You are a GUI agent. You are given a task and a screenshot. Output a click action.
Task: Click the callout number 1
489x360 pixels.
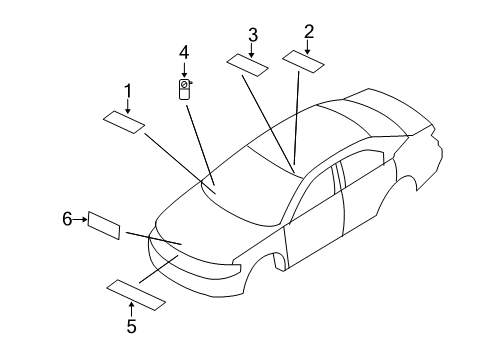[x=127, y=91]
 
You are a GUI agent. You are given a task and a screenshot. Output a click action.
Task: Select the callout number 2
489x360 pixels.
[x=309, y=31]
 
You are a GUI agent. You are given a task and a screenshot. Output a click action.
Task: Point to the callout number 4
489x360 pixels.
[x=184, y=51]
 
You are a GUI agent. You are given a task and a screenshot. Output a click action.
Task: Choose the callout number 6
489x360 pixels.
[x=68, y=218]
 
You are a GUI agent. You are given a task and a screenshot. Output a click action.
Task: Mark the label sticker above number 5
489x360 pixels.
[x=137, y=294]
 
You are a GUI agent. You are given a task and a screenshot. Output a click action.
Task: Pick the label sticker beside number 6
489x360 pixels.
[x=104, y=225]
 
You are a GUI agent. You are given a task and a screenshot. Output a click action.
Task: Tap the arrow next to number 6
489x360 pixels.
[x=80, y=218]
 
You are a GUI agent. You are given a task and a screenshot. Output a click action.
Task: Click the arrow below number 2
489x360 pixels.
[x=309, y=45]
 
